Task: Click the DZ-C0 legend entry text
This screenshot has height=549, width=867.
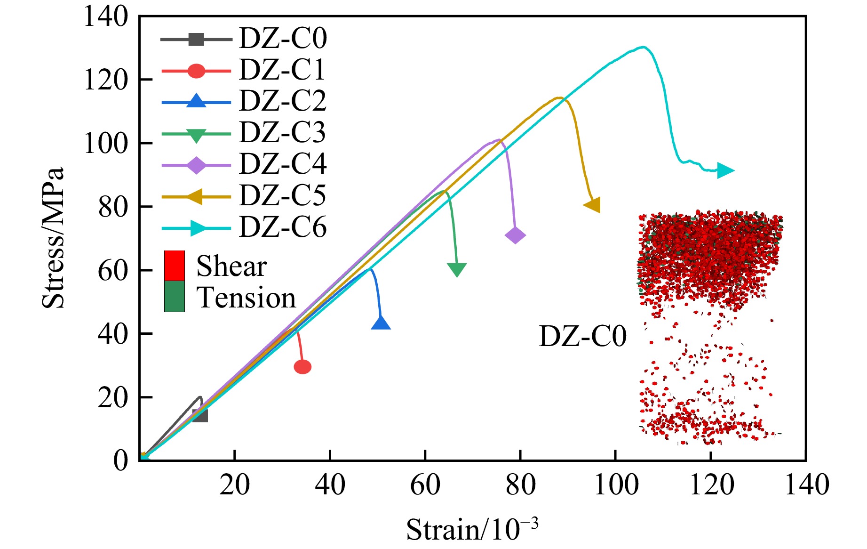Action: pos(283,38)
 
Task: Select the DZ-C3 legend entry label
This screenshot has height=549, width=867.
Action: pos(282,132)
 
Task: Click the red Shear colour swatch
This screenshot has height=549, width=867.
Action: pos(174,266)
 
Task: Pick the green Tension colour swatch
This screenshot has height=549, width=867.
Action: pos(174,297)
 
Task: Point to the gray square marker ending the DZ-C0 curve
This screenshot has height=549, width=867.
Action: pos(200,415)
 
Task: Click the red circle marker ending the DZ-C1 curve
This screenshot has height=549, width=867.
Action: pos(302,367)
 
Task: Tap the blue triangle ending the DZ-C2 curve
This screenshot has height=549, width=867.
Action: pos(381,323)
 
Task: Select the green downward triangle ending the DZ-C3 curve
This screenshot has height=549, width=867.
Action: pos(457,269)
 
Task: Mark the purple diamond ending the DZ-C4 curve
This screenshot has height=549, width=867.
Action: pos(515,235)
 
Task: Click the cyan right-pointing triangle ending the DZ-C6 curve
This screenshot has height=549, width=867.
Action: pos(725,170)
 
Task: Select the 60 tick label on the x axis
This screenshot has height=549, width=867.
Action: pos(425,484)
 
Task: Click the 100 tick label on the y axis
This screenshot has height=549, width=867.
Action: pos(105,143)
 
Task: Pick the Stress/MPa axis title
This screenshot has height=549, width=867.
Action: pos(52,238)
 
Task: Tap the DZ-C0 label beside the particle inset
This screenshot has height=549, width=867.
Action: pos(582,336)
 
